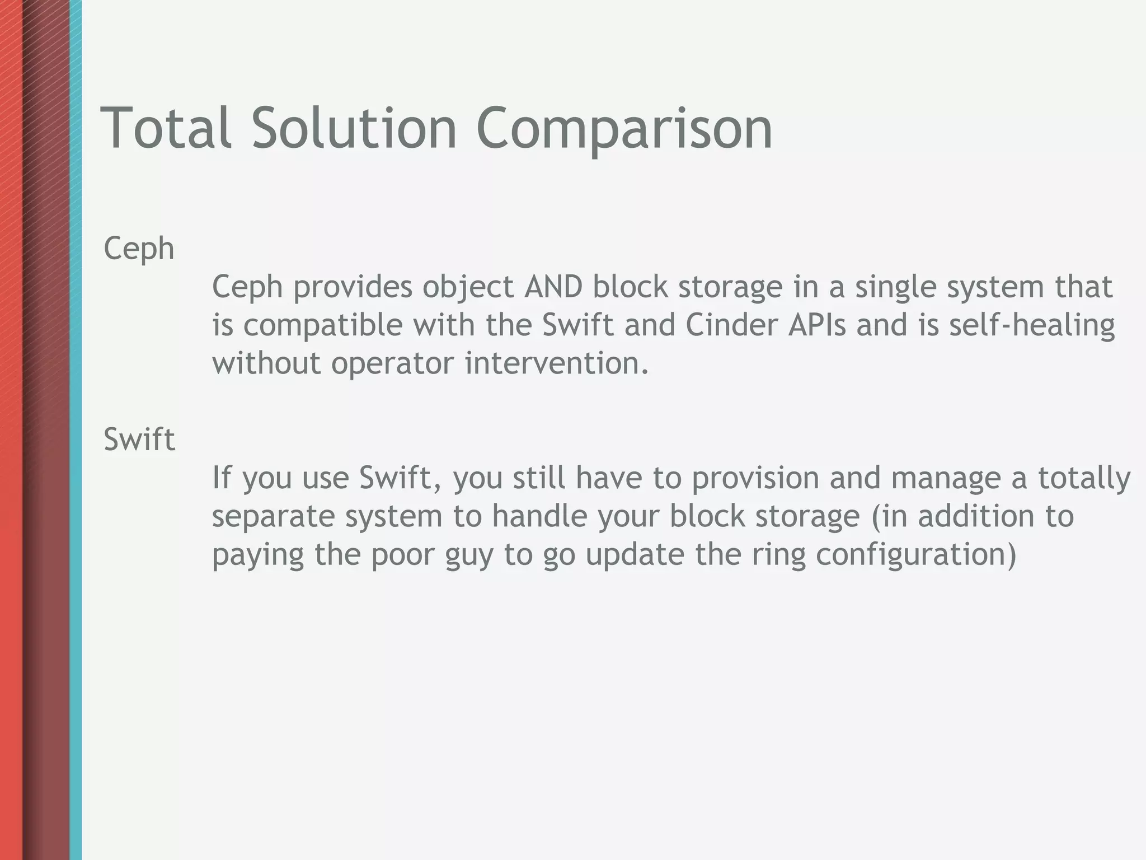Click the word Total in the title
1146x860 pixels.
coord(166,128)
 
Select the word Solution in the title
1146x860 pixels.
coord(354,128)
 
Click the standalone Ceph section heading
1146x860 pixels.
coord(139,249)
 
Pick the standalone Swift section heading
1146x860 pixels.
coord(139,439)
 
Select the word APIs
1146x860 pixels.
coord(816,325)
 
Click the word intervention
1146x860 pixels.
coord(556,363)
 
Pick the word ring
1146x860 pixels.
coord(778,555)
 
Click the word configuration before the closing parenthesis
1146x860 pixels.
coord(910,555)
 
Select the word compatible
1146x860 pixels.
coord(323,326)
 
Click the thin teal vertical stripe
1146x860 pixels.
coord(76,430)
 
